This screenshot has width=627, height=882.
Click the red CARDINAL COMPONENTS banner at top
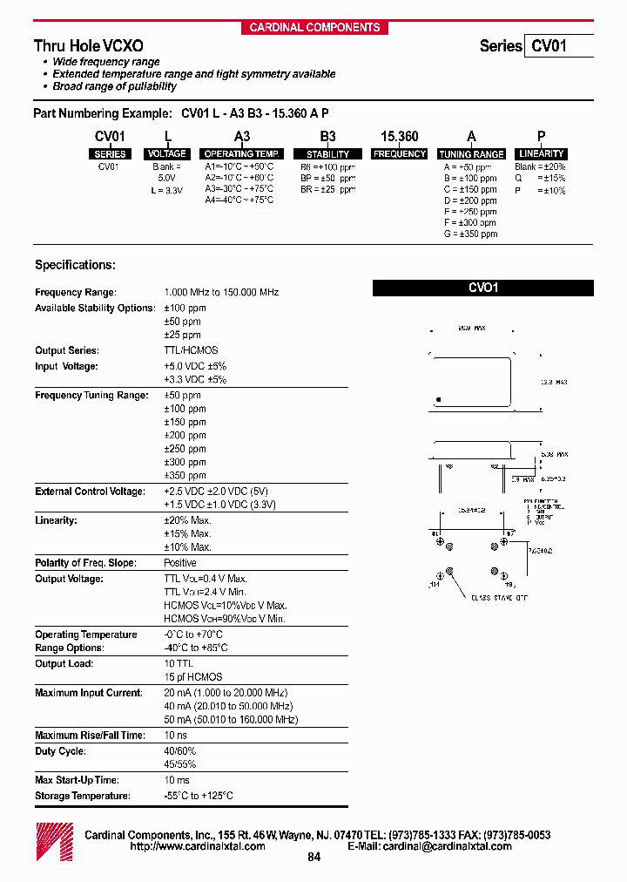click(x=314, y=28)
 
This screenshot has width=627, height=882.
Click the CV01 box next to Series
click(x=558, y=45)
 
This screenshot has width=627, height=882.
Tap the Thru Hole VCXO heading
click(x=89, y=45)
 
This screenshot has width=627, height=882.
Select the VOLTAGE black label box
click(x=166, y=154)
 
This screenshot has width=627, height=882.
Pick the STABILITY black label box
click(x=327, y=154)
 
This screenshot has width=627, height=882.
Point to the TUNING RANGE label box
click(x=471, y=154)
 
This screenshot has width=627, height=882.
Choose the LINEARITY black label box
click(x=541, y=154)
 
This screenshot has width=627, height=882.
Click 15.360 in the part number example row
click(x=399, y=137)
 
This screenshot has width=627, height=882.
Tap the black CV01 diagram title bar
click(x=483, y=288)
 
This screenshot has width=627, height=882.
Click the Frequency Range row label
click(x=76, y=293)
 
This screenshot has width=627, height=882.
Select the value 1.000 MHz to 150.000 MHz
click(x=221, y=293)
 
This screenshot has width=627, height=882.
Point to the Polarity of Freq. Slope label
click(x=85, y=563)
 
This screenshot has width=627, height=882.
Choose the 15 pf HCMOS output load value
click(x=193, y=677)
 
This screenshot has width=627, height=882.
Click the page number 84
click(x=314, y=858)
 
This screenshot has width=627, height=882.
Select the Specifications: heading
click(x=75, y=265)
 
